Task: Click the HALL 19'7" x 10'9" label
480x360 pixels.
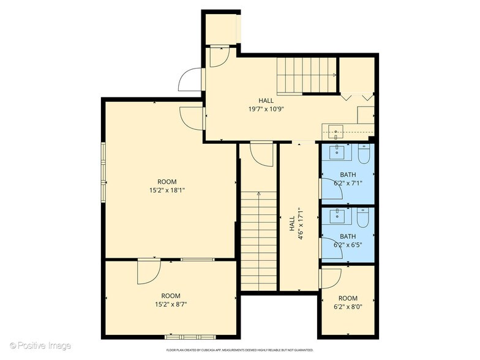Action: pyautogui.click(x=266, y=105)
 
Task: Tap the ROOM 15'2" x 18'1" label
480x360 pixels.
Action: pyautogui.click(x=167, y=186)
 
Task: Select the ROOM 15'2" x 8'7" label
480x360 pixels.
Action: pyautogui.click(x=171, y=299)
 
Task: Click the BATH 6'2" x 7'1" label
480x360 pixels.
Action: pyautogui.click(x=348, y=179)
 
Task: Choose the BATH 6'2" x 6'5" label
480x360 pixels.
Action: pyautogui.click(x=348, y=241)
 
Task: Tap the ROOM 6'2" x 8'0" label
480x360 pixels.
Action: pyautogui.click(x=348, y=302)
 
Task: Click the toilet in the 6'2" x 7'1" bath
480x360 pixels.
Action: pyautogui.click(x=364, y=154)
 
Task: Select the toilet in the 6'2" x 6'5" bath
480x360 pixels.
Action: pyautogui.click(x=364, y=219)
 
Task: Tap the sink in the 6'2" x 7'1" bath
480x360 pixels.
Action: pyautogui.click(x=337, y=152)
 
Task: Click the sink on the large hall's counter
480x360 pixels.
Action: pyautogui.click(x=335, y=130)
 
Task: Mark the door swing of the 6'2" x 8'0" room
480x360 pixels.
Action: pyautogui.click(x=330, y=278)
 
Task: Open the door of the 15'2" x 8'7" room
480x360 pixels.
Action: pyautogui.click(x=149, y=271)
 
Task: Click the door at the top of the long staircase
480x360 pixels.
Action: pyautogui.click(x=261, y=154)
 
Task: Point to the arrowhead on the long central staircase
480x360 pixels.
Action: pyautogui.click(x=258, y=194)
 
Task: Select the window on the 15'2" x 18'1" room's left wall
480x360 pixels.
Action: pyautogui.click(x=103, y=172)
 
